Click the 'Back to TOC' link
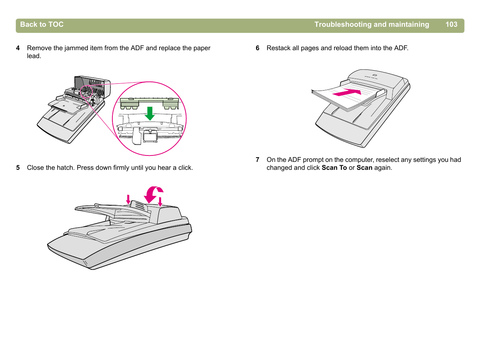(41, 25)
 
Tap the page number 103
(451, 25)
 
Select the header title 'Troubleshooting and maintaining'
(372, 25)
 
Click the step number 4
(18, 48)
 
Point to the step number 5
(18, 168)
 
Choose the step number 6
(258, 48)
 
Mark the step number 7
(258, 160)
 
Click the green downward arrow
(150, 113)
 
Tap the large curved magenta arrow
(153, 194)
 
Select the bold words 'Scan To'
(334, 168)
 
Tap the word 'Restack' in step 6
(278, 48)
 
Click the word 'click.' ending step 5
(185, 168)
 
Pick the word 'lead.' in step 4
(34, 56)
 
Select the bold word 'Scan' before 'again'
(364, 168)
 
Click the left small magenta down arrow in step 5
(128, 199)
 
